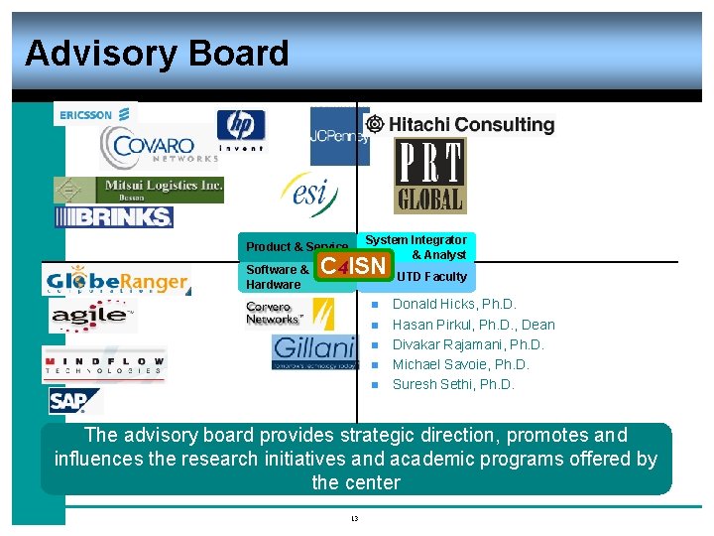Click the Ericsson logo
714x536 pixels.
tap(86, 115)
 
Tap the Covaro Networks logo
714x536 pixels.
tap(159, 148)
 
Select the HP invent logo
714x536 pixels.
tap(241, 130)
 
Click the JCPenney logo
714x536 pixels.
tap(338, 136)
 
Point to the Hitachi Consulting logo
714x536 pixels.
tap(460, 124)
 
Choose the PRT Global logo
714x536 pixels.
tap(429, 176)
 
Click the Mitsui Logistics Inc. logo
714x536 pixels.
tap(139, 189)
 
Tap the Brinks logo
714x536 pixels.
tap(114, 217)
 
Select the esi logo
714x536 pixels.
tap(309, 194)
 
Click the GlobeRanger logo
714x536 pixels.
tap(116, 281)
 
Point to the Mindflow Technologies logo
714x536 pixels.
tap(104, 364)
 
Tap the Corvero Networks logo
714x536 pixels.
tap(290, 313)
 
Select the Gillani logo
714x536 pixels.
tap(313, 351)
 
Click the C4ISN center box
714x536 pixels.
tap(353, 266)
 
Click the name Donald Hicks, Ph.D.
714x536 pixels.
tap(454, 304)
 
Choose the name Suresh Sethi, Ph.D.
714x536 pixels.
tap(453, 384)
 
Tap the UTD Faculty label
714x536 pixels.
tap(431, 277)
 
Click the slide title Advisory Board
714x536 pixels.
tap(157, 53)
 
